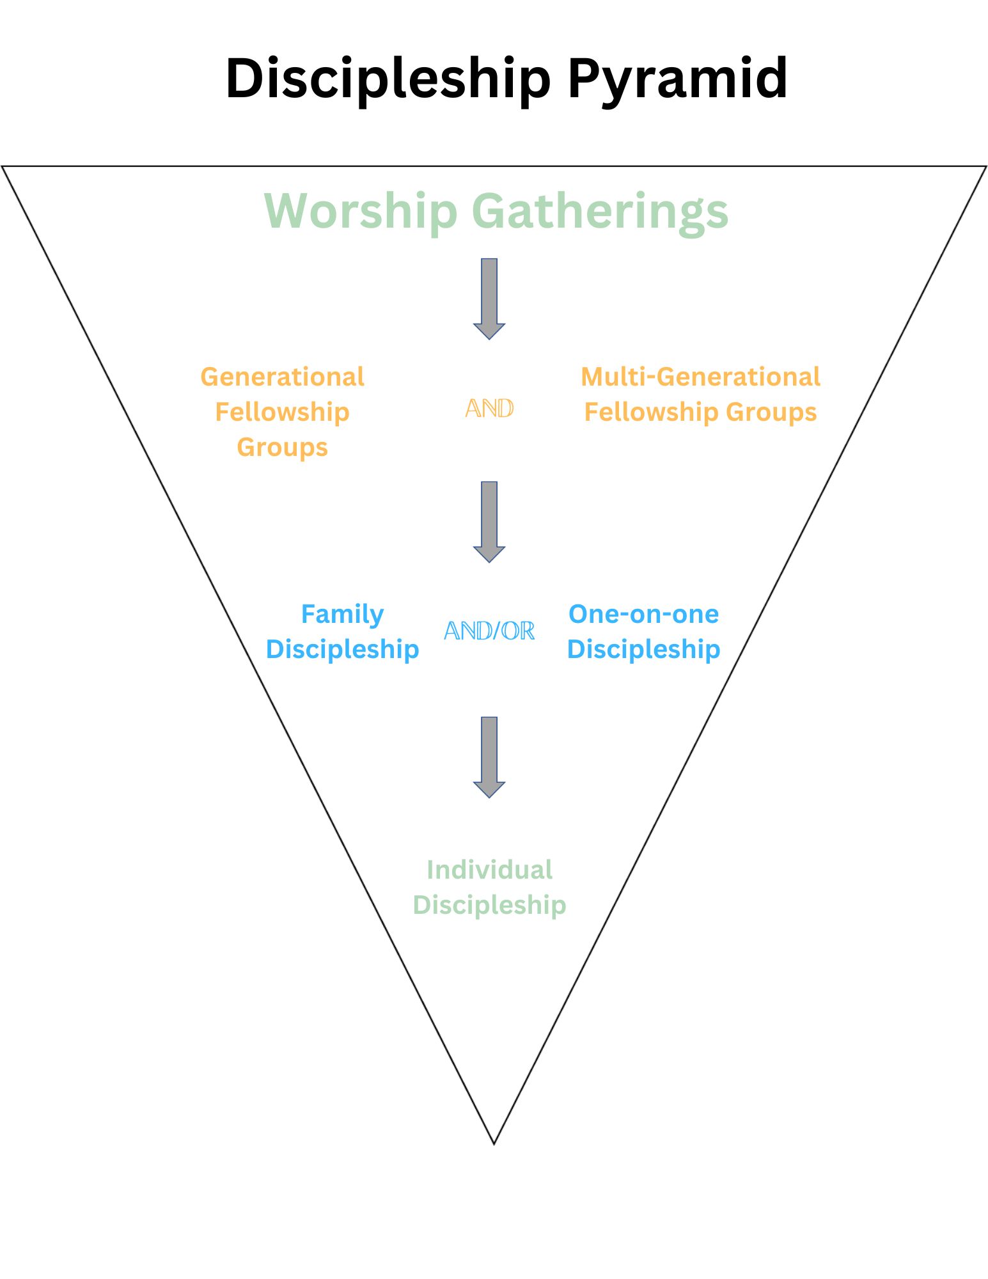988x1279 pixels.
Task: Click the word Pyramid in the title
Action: [x=678, y=78]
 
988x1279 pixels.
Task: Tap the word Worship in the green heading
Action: [x=361, y=211]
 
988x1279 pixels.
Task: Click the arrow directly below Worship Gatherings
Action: [x=489, y=299]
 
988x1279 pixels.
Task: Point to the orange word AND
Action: [x=489, y=408]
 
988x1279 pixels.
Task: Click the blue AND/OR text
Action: [x=489, y=631]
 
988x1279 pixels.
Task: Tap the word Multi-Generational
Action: [x=700, y=377]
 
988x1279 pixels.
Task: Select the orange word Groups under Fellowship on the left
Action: [x=282, y=448]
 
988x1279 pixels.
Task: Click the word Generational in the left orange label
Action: [x=282, y=377]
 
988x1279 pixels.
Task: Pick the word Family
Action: [x=342, y=615]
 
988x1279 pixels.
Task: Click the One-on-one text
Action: [x=643, y=614]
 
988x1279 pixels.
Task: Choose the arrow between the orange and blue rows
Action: [x=489, y=522]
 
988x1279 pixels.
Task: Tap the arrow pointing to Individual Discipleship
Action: [x=489, y=757]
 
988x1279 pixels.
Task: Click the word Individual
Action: [x=489, y=870]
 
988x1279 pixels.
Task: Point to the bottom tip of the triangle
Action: [x=494, y=1144]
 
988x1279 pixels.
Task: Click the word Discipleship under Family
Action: [x=342, y=650]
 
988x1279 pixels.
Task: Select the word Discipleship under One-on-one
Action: [x=643, y=650]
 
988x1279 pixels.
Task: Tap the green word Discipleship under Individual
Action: [x=489, y=906]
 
